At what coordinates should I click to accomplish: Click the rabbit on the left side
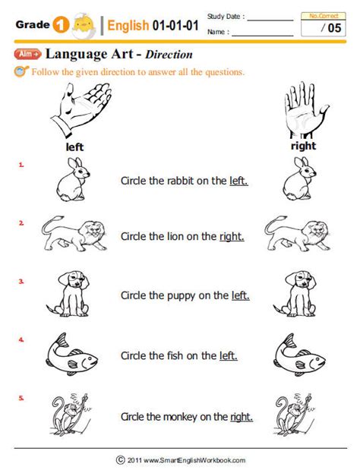click(72, 181)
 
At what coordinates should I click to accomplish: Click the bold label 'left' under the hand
click(74, 146)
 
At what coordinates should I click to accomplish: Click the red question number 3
click(21, 281)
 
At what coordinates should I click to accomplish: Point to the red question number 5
click(21, 397)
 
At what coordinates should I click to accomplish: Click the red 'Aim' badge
click(27, 55)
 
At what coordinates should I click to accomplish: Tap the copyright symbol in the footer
click(120, 459)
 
